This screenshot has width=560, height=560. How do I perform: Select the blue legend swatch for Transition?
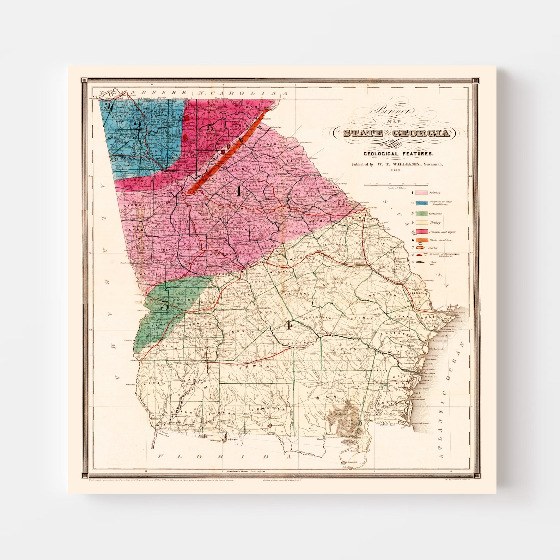[x=423, y=203]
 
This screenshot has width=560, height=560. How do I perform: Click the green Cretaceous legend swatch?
[x=423, y=213]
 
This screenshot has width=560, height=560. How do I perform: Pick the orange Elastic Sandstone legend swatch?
[x=423, y=240]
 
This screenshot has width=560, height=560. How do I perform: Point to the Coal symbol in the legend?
[x=423, y=262]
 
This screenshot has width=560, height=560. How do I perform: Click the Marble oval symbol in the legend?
[x=423, y=248]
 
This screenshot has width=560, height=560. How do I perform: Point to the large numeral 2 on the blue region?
[x=139, y=126]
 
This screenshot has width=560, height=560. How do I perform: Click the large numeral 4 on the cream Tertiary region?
[x=289, y=325]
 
